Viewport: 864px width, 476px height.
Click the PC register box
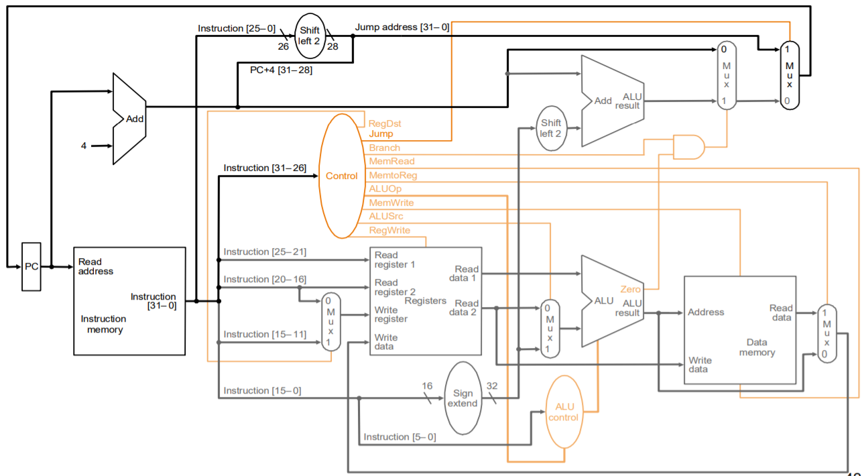point(31,267)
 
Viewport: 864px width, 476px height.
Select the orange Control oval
point(342,176)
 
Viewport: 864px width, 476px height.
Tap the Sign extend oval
point(462,398)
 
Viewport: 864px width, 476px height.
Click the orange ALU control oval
point(564,412)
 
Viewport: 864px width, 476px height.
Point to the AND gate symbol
point(688,147)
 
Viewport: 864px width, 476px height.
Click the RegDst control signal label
point(385,124)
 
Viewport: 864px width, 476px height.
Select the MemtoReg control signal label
point(393,175)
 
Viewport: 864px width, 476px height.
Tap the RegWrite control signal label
point(389,230)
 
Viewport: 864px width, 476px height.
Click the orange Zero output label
point(630,289)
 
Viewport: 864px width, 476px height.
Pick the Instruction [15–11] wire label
point(265,334)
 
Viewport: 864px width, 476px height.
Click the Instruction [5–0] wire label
point(399,437)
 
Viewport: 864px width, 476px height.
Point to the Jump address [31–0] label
point(402,27)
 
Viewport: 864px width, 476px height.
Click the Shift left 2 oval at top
point(310,36)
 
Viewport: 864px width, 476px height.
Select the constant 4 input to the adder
point(84,145)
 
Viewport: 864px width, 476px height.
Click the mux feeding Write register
point(330,322)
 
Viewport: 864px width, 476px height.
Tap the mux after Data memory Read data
point(826,333)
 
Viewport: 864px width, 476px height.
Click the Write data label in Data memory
point(700,365)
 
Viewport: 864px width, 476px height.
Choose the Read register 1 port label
point(395,259)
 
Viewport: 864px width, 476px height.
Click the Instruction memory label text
point(103,324)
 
